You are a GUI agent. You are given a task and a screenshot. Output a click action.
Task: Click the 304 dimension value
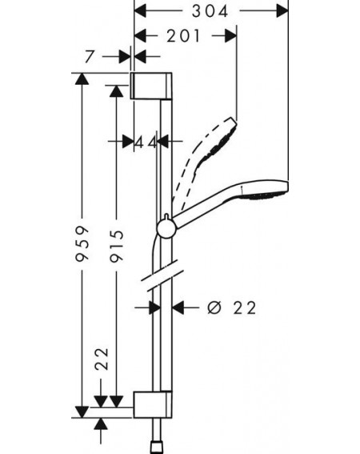[x=210, y=11]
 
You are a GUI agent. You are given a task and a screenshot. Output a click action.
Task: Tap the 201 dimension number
[x=183, y=36]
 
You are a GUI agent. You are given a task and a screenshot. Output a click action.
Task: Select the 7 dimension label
[x=90, y=57]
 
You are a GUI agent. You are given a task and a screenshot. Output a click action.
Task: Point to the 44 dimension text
[x=146, y=142]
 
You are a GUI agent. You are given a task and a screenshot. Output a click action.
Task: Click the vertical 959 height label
[x=82, y=244]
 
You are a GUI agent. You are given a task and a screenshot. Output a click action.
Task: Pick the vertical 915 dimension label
[x=117, y=246]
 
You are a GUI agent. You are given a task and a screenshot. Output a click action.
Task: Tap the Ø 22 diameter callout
[x=232, y=307]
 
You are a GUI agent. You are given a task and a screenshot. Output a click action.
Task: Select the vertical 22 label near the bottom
[x=102, y=359]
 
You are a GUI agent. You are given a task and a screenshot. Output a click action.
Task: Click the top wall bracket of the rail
[x=152, y=86]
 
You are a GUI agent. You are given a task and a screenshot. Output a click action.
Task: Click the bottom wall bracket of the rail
[x=153, y=404]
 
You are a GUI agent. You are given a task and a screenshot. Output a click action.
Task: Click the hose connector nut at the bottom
[x=157, y=448]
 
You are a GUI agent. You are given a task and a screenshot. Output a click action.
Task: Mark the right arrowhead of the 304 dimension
[x=282, y=11]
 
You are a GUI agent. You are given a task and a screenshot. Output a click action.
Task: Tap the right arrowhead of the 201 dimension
[x=230, y=36]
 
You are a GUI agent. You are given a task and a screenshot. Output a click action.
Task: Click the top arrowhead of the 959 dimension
[x=82, y=78]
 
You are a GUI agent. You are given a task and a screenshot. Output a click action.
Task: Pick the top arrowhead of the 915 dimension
[x=116, y=91]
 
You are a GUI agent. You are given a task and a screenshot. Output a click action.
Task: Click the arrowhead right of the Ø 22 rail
[x=178, y=307]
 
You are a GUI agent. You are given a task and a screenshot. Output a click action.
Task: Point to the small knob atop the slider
[x=166, y=216]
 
